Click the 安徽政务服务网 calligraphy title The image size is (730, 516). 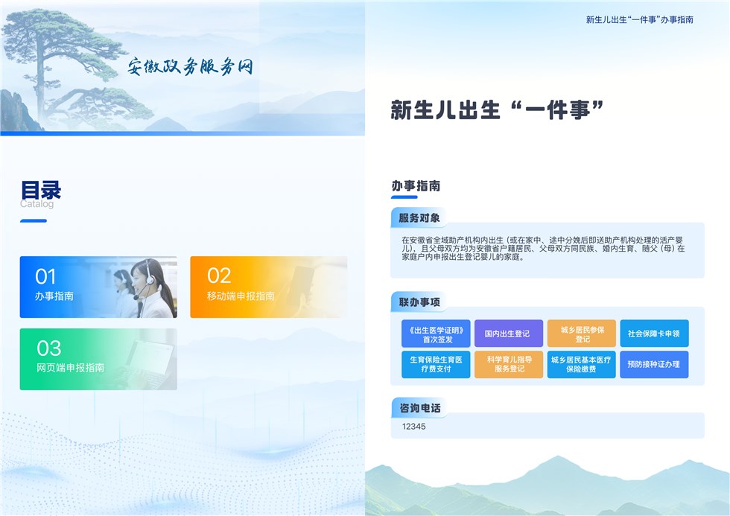[x=191, y=66]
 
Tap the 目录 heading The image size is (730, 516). [x=41, y=190]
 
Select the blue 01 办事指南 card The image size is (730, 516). [x=98, y=287]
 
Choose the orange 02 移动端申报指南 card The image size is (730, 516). [x=269, y=287]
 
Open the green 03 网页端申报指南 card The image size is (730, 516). [x=98, y=359]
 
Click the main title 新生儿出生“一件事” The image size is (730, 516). [x=497, y=109]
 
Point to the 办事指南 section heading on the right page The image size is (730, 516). [x=416, y=185]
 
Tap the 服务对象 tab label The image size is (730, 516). [x=419, y=217]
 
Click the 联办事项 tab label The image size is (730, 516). [x=419, y=302]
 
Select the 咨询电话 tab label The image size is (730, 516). [x=419, y=408]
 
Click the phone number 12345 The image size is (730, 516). [x=414, y=426]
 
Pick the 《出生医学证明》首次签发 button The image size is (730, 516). [x=436, y=334]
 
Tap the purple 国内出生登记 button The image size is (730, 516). [x=508, y=334]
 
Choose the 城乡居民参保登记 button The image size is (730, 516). [x=582, y=334]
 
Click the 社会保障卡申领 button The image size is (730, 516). [x=654, y=334]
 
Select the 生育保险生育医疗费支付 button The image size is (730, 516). [x=436, y=364]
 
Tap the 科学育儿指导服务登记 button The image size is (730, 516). [x=508, y=364]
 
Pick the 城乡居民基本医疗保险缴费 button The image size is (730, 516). [x=582, y=364]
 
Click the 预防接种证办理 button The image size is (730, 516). [x=654, y=364]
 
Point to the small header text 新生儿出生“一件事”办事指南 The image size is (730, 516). [x=640, y=19]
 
